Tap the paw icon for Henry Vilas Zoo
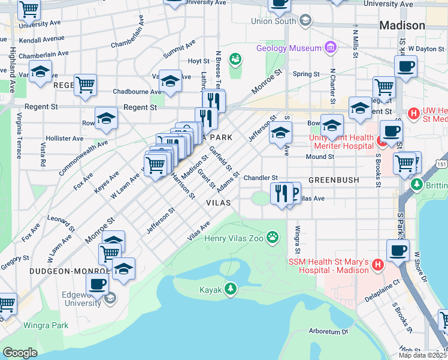click(x=273, y=238)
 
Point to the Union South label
click(x=274, y=22)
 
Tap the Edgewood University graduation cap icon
click(x=110, y=298)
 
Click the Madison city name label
click(x=402, y=26)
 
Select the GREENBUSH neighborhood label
click(x=333, y=180)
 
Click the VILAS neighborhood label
click(x=218, y=203)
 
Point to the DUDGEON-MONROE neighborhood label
click(x=60, y=271)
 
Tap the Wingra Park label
click(x=46, y=326)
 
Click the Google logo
click(x=20, y=353)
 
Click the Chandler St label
click(x=261, y=178)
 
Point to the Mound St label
click(x=319, y=157)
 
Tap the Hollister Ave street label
click(x=65, y=139)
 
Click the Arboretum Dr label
click(x=328, y=331)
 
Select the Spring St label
click(x=306, y=74)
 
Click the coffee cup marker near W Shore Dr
click(x=398, y=250)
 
